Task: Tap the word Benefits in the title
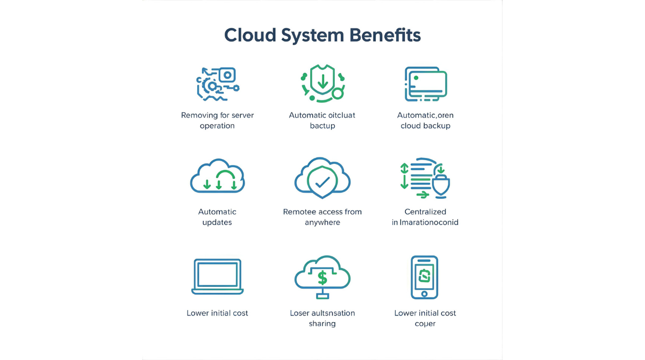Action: pos(385,35)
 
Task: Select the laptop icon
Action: pos(217,277)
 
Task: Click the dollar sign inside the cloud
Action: pos(322,277)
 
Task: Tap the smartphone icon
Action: pos(425,277)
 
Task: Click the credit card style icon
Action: pos(426,84)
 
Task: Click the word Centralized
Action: pos(425,212)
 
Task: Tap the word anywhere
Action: pos(322,222)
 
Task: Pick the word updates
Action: pos(217,222)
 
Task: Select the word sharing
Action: pos(322,323)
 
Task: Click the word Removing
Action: pos(199,115)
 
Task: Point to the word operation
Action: pos(217,126)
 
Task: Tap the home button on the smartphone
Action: pos(425,293)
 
